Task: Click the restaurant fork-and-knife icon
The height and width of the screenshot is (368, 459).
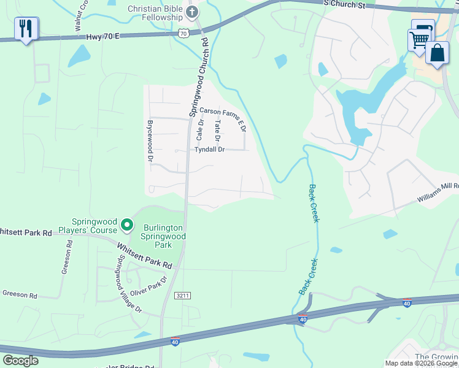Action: (x=26, y=28)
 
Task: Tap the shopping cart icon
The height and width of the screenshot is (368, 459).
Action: (x=419, y=40)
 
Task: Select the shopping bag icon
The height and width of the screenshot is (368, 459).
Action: (x=438, y=53)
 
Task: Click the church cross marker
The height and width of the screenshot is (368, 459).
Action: (x=192, y=12)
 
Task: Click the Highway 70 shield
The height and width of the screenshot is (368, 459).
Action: (x=183, y=34)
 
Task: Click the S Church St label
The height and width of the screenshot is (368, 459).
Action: (x=344, y=5)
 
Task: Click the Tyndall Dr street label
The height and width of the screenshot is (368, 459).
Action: (x=210, y=150)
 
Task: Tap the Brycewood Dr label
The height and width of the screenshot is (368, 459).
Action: (x=149, y=141)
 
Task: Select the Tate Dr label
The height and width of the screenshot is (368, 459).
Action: (x=217, y=128)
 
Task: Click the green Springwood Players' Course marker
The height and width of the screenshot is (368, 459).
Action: (x=127, y=225)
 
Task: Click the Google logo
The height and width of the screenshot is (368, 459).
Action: (x=20, y=360)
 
